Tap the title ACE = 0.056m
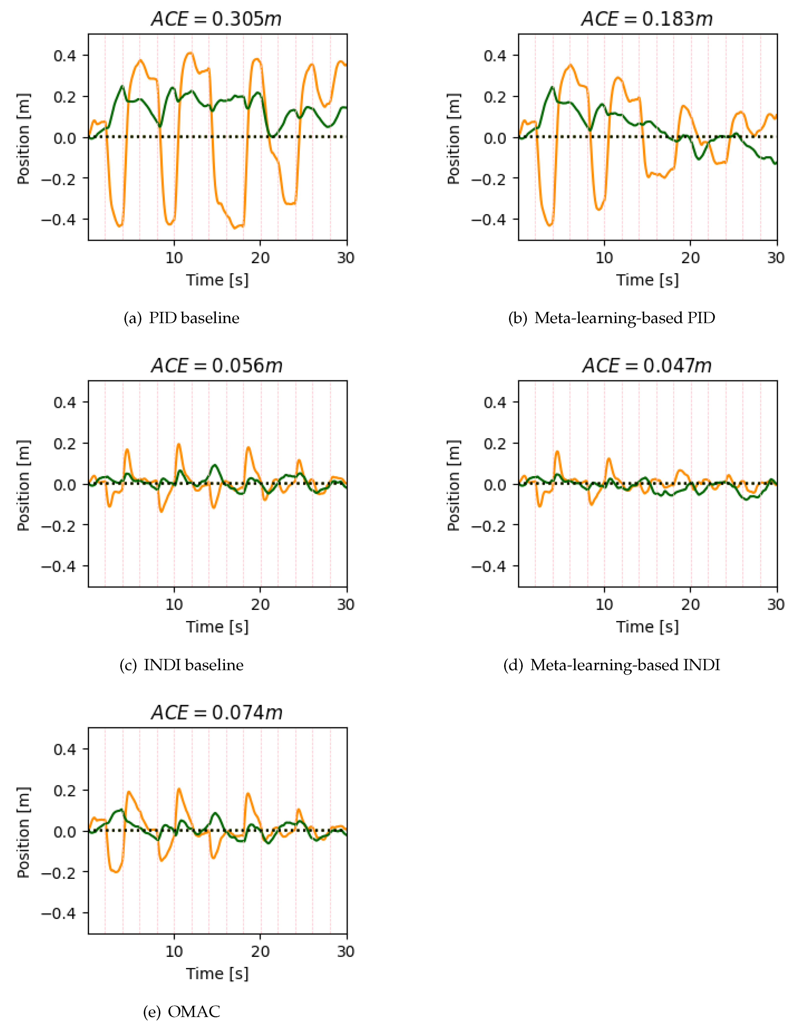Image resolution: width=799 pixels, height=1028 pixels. (x=217, y=366)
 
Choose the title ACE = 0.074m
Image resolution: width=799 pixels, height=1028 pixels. (x=217, y=713)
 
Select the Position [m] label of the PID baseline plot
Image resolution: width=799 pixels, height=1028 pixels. (x=23, y=139)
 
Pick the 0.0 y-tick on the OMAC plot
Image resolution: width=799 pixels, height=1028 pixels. (x=65, y=832)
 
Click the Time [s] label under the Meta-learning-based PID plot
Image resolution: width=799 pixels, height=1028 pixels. (x=647, y=280)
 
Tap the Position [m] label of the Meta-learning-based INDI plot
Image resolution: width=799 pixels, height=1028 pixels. (x=453, y=486)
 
